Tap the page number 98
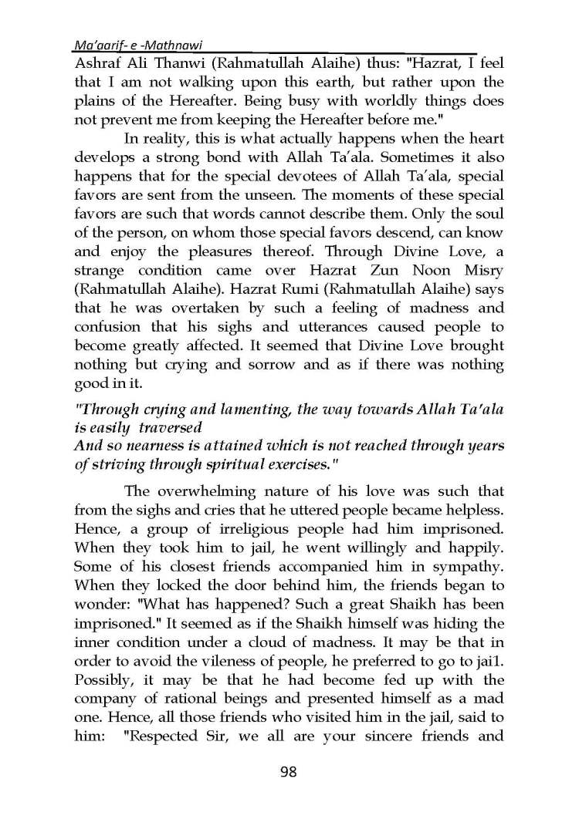288,771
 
